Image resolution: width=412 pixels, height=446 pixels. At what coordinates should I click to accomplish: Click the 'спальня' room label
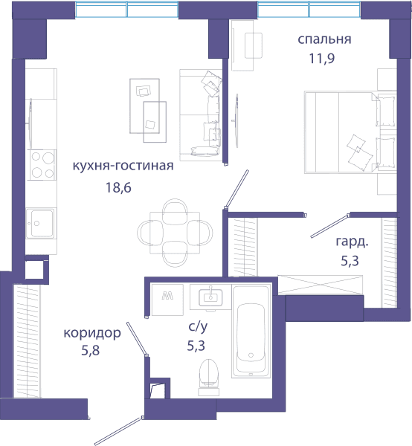(x=324, y=39)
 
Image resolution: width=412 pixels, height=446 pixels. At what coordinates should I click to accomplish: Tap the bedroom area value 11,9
(x=322, y=58)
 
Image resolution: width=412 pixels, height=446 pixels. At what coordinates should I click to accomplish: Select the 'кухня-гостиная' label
(x=123, y=166)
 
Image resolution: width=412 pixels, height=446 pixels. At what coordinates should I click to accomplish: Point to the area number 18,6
(x=118, y=188)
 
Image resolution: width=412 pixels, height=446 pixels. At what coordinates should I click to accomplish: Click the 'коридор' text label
(x=92, y=333)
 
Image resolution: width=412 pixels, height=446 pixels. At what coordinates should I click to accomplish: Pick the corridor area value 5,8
(x=91, y=350)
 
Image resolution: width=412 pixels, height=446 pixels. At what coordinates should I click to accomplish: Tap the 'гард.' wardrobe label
(x=352, y=242)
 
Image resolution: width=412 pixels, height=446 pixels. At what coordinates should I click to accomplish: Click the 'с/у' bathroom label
(x=198, y=327)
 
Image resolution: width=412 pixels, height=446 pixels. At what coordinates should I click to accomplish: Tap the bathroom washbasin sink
(x=210, y=297)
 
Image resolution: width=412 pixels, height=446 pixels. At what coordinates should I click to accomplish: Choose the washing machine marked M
(x=167, y=300)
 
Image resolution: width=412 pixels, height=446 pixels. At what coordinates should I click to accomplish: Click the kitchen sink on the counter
(x=41, y=224)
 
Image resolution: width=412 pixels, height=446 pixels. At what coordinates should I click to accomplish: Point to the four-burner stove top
(x=42, y=165)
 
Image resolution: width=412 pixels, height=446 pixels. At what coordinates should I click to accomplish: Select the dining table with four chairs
(x=175, y=233)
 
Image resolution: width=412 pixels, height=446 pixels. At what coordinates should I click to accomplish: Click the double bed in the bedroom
(x=350, y=132)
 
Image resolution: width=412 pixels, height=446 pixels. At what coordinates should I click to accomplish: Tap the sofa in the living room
(x=201, y=115)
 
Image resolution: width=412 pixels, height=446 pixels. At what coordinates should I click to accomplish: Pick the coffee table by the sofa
(x=148, y=110)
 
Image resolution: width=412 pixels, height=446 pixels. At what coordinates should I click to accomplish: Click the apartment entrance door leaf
(x=118, y=431)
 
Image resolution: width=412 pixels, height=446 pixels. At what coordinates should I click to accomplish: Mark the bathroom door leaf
(x=137, y=339)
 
